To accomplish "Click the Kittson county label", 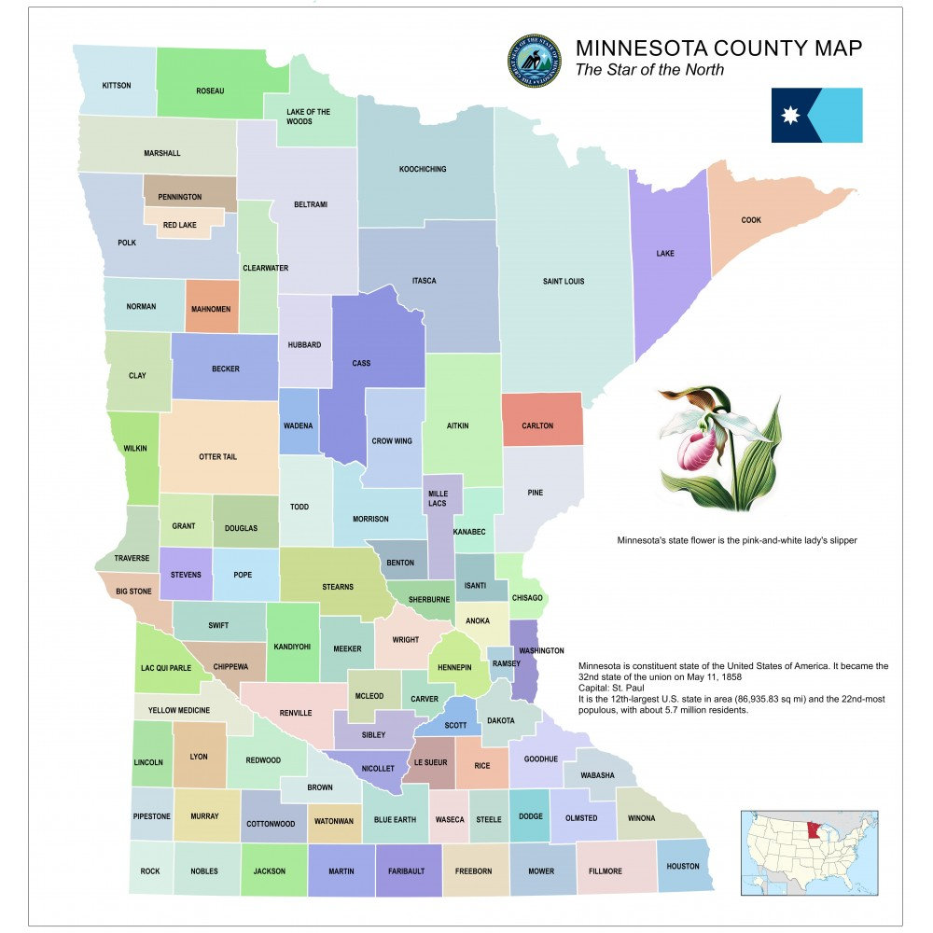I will tap(117, 86).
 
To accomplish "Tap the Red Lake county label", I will tap(180, 226).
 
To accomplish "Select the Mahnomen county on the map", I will tap(212, 308).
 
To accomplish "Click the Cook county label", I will tap(751, 221).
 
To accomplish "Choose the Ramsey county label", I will tap(506, 663).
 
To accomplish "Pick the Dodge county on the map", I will tap(529, 816).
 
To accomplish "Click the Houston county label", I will tap(683, 866).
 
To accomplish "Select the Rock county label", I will tap(150, 871).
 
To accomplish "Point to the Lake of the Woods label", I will tap(308, 117).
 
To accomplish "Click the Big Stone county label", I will tap(133, 592).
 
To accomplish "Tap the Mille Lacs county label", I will tap(438, 498).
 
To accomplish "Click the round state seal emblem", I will tap(535, 63).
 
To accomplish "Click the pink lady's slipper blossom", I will tap(698, 447).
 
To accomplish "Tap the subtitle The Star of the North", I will tap(649, 71).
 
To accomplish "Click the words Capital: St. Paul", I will tap(616, 688).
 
